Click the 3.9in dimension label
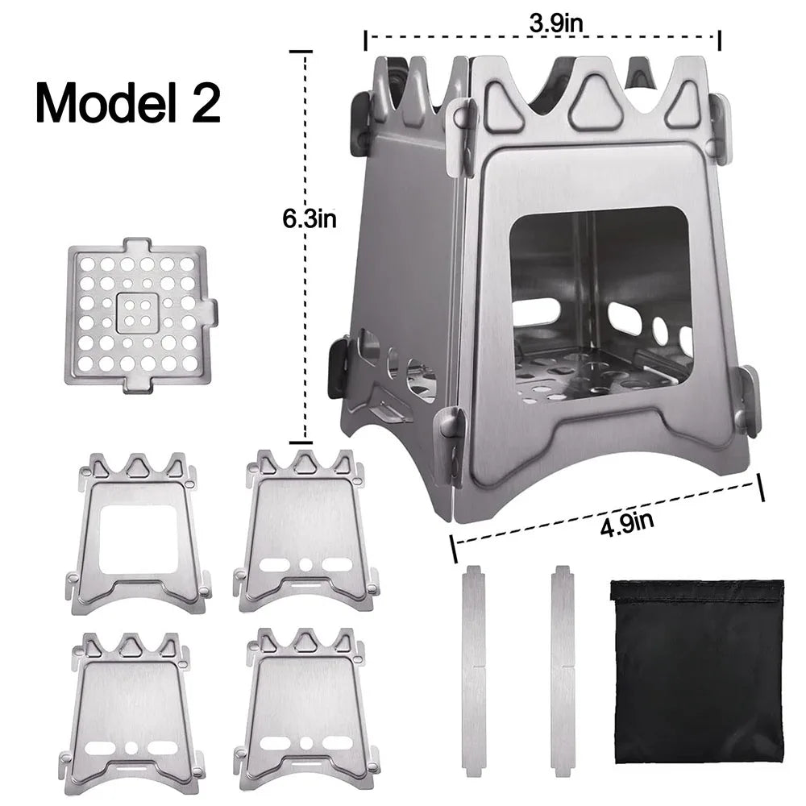(x=556, y=23)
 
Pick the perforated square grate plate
(x=139, y=316)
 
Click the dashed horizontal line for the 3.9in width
(x=451, y=37)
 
